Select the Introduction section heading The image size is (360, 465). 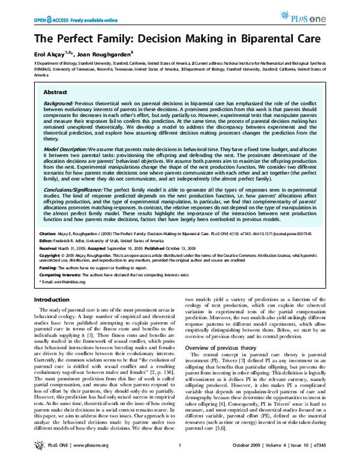tap(52, 299)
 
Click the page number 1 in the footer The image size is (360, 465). tap(181, 457)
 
